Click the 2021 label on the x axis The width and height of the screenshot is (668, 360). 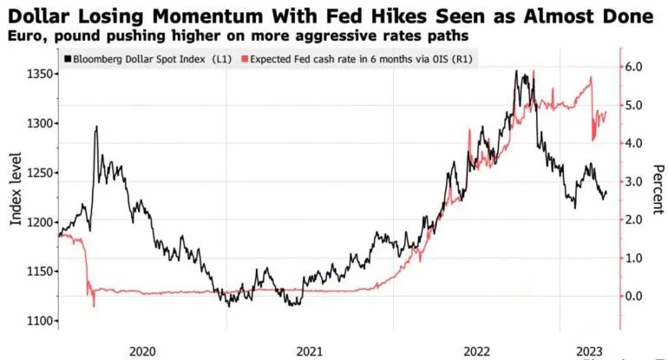(310, 351)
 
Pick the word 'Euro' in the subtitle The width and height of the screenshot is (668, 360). (22, 35)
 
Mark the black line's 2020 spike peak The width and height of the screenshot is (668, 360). (96, 127)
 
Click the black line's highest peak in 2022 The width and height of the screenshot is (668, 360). (518, 72)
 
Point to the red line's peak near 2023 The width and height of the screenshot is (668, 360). (591, 78)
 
